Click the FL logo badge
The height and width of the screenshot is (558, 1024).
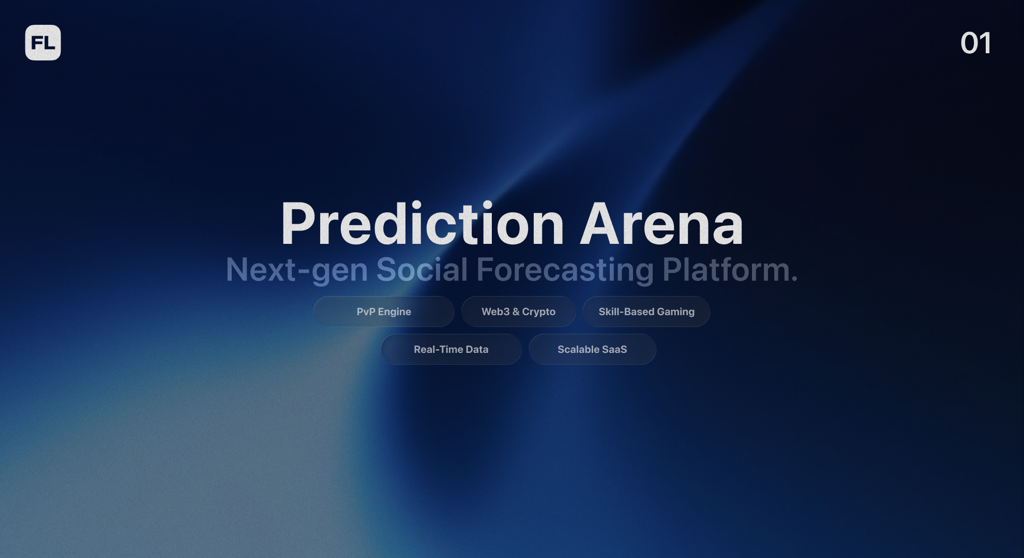(x=43, y=43)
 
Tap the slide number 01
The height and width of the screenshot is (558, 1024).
(x=976, y=43)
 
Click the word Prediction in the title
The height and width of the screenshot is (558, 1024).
(x=422, y=224)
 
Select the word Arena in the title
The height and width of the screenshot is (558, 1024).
(x=661, y=224)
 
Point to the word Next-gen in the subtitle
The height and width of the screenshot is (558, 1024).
(x=296, y=270)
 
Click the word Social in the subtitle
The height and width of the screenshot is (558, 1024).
(x=421, y=270)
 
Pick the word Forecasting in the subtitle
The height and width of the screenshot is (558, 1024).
(x=565, y=270)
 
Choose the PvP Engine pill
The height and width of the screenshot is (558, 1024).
(x=384, y=312)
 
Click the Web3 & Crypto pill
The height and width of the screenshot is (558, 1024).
(x=518, y=312)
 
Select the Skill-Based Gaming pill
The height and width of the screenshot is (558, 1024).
(x=646, y=312)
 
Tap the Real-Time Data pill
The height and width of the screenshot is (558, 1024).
(x=451, y=349)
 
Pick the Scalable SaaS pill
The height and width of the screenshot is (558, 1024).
(x=592, y=349)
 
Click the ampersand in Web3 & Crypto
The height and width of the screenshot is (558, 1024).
(x=516, y=312)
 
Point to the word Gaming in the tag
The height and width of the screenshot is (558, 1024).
(x=675, y=312)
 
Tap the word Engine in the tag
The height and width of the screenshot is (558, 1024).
(x=394, y=312)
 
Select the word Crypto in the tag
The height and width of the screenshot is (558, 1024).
(x=538, y=312)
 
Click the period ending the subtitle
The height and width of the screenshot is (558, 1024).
(x=794, y=279)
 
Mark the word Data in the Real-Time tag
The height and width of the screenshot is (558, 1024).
(x=477, y=349)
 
